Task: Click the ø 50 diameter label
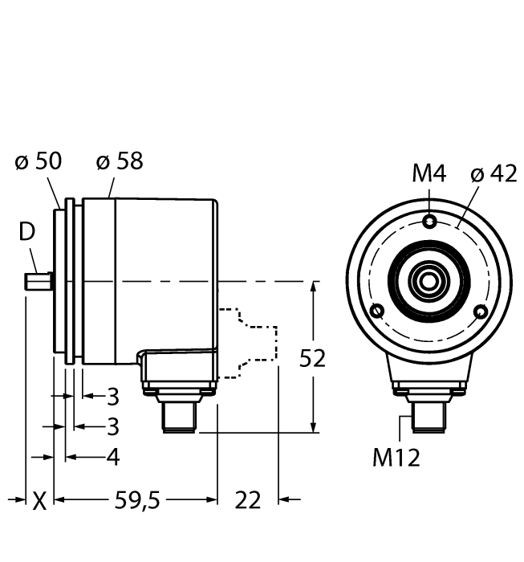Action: (38, 161)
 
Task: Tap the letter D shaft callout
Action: (27, 233)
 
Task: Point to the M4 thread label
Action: (429, 173)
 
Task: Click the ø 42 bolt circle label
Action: (494, 173)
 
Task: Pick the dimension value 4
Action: (113, 457)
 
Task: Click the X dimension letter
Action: (39, 501)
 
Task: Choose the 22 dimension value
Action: (249, 501)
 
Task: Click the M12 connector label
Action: (396, 458)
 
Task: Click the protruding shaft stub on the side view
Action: (38, 282)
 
